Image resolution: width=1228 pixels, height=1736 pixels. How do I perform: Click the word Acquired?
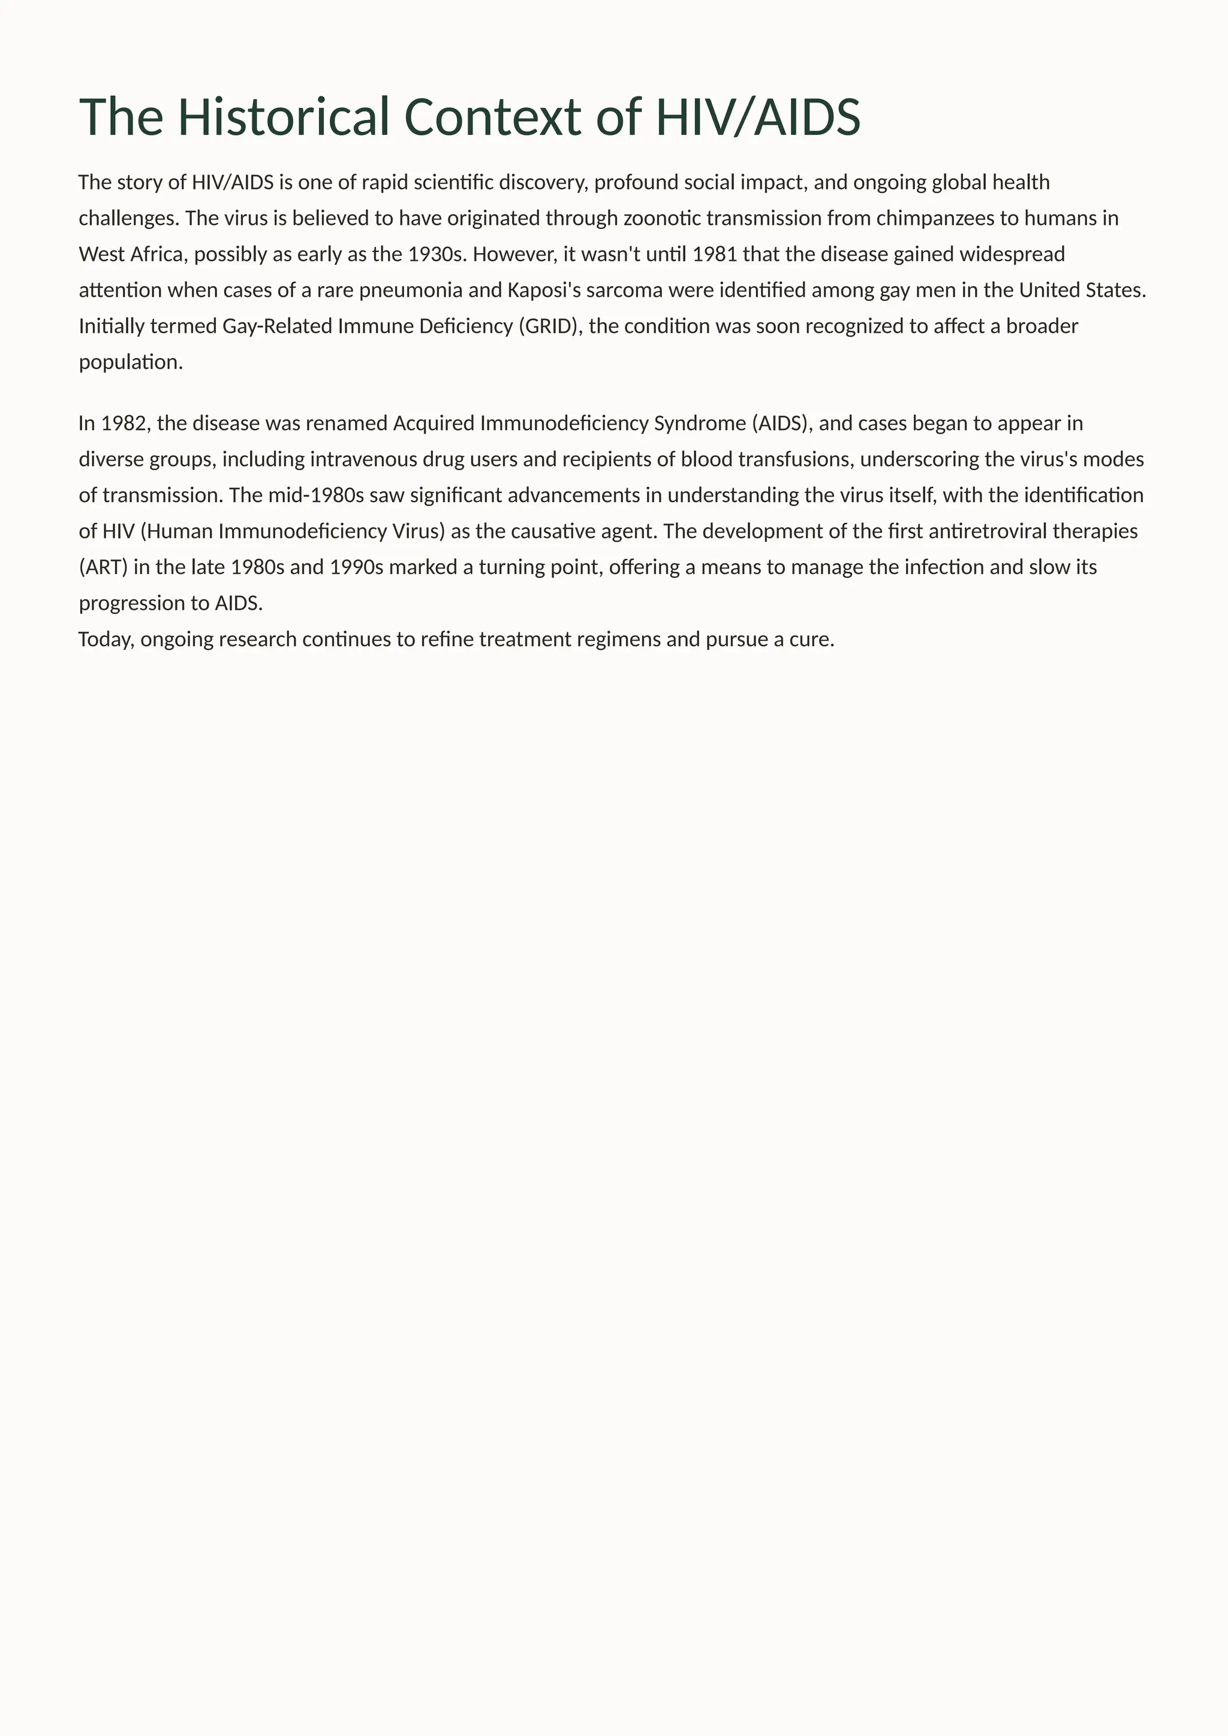click(x=434, y=423)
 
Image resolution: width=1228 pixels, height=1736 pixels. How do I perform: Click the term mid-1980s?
click(x=316, y=495)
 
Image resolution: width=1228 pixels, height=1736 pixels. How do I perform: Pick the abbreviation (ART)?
click(x=104, y=567)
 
